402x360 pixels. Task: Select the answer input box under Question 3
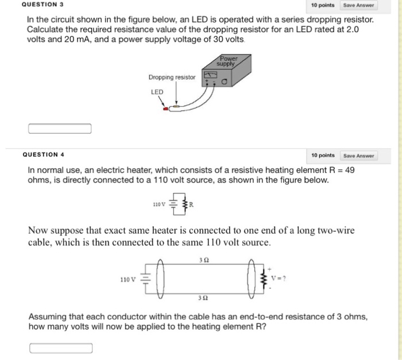(x=60, y=129)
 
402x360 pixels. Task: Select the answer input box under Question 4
(x=61, y=348)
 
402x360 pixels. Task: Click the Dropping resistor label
(x=172, y=78)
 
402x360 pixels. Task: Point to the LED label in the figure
(x=157, y=92)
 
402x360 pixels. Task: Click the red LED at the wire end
(x=167, y=108)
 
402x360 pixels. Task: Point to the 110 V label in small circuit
(x=159, y=204)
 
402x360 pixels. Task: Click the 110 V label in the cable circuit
(x=127, y=280)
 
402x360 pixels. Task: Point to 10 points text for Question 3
(x=323, y=5)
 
